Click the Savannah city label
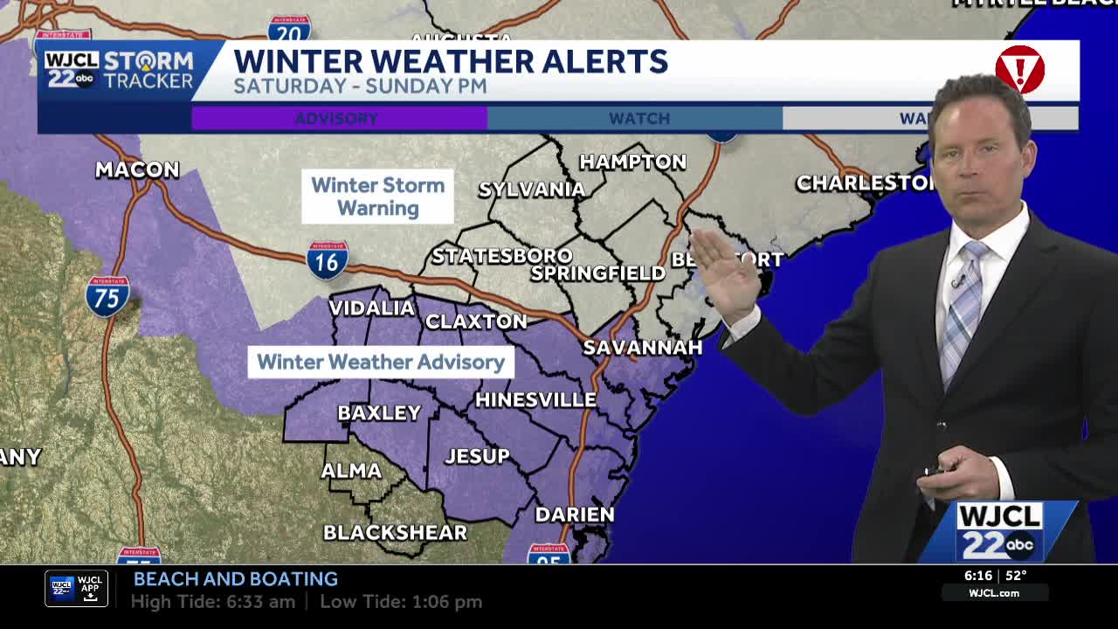pos(642,347)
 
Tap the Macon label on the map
pos(137,169)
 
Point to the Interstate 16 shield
pos(328,260)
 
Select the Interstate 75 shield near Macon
pos(107,296)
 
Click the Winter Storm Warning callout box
pos(377,197)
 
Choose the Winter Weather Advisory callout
pos(381,362)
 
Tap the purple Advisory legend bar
pos(339,118)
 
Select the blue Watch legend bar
pos(635,118)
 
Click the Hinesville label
pos(535,399)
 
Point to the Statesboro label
pos(502,256)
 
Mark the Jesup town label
pos(477,455)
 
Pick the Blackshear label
pos(395,532)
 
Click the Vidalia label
pos(371,308)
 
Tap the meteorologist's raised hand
pos(724,271)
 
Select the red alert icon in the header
pos(1019,70)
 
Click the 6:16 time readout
pos(977,576)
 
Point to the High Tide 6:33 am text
pos(212,602)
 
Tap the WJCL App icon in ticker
pos(76,589)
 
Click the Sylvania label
pos(531,190)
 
